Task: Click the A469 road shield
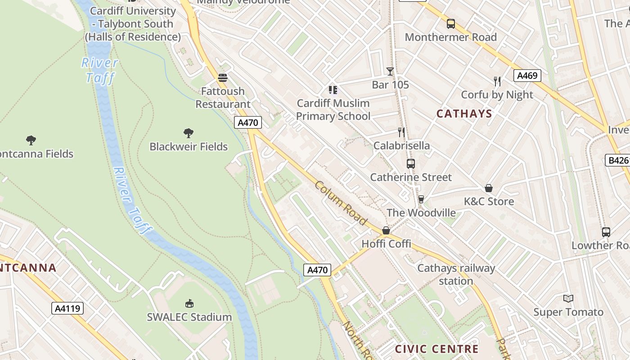click(527, 76)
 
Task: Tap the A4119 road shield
click(67, 308)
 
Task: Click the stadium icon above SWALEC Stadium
click(189, 304)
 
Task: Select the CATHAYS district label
click(464, 113)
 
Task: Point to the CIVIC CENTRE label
click(436, 349)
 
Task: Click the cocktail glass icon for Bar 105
click(390, 72)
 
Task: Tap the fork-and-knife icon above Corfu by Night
click(497, 81)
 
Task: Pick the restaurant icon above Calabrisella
click(401, 132)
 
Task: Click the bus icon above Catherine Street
click(410, 164)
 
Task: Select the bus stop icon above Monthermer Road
click(450, 24)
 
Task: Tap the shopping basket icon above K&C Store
click(488, 188)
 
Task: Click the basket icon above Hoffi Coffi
click(386, 230)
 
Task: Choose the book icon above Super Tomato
click(568, 298)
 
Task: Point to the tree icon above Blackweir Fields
click(189, 133)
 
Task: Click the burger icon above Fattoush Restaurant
click(222, 78)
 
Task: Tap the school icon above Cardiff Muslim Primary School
click(333, 90)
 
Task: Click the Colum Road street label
click(341, 203)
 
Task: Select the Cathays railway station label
click(456, 274)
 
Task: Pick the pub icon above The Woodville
click(421, 199)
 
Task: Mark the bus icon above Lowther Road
click(606, 232)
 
